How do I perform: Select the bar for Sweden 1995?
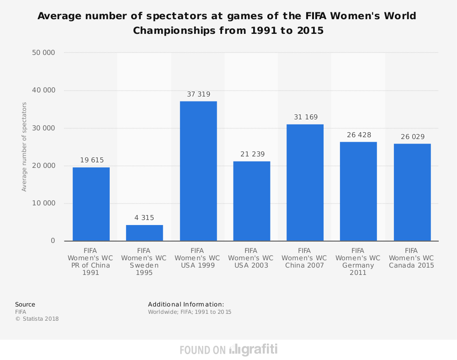[144, 233]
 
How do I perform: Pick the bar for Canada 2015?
[412, 192]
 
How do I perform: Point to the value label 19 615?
[92, 160]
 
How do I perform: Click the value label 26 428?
[358, 135]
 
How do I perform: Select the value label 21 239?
[251, 154]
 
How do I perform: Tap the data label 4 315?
[144, 218]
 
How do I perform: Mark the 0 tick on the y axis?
[53, 241]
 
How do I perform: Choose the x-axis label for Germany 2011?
[358, 262]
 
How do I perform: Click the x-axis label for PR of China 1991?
[91, 262]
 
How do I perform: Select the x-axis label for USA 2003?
[251, 258]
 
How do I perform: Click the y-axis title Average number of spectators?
[24, 146]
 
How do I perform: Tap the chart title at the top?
[227, 23]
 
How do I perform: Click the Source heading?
[25, 304]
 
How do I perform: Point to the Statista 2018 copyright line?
[37, 319]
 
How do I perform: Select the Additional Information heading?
[186, 304]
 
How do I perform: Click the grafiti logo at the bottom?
[254, 350]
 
